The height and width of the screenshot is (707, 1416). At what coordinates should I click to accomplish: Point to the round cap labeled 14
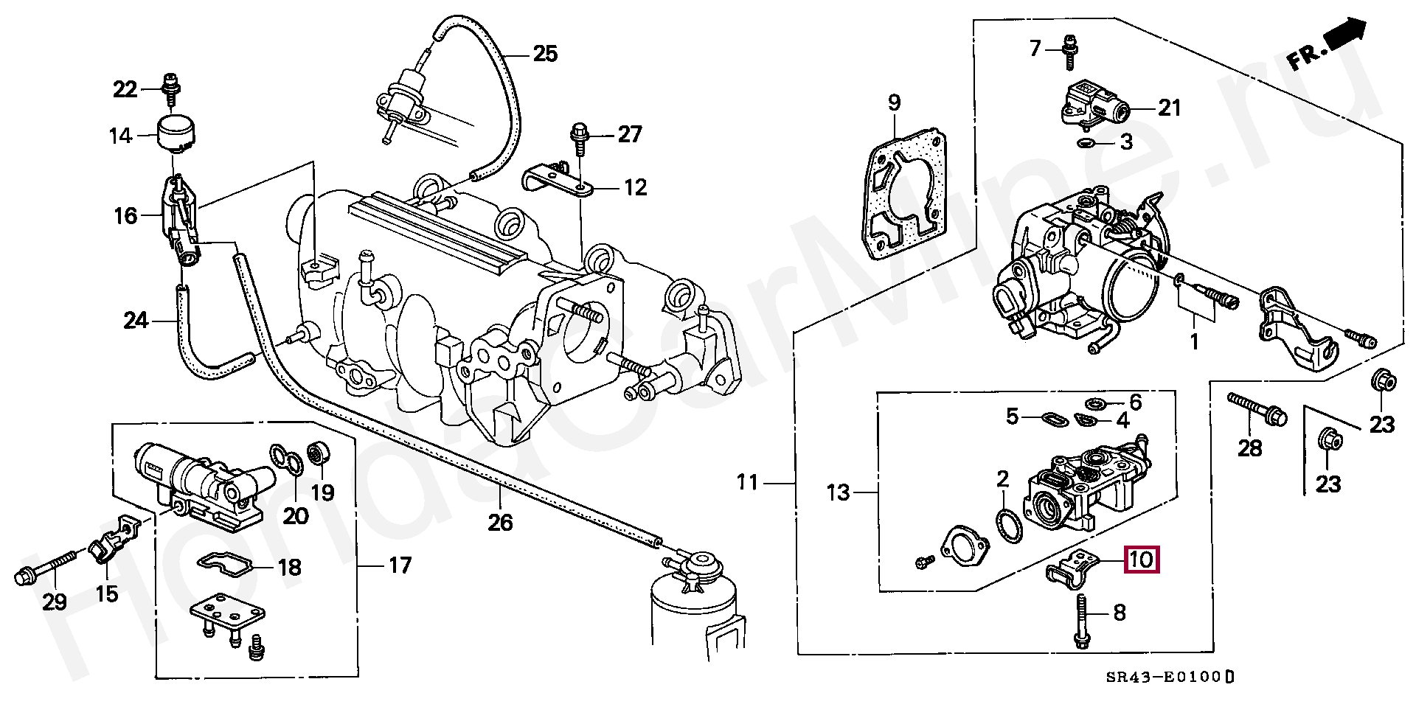(x=177, y=134)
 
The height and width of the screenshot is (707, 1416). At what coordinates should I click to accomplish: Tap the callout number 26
(x=499, y=522)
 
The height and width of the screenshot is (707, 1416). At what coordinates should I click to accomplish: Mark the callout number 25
(x=545, y=54)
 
